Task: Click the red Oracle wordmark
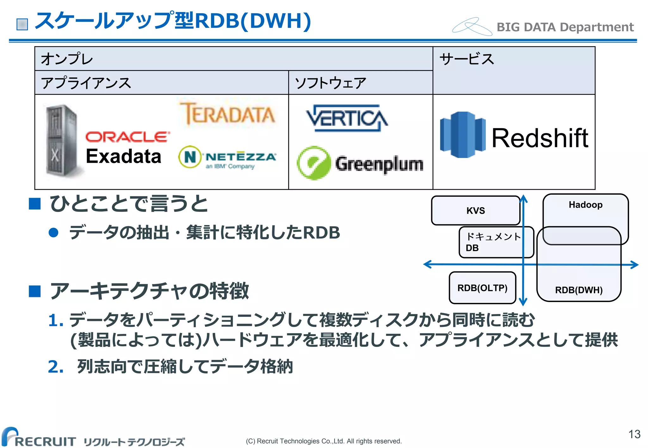point(127,137)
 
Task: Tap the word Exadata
point(123,156)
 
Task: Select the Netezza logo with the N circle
point(227,157)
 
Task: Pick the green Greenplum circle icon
point(314,163)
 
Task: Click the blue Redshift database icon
point(462,135)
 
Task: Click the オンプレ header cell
point(233,59)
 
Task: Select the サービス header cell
point(513,70)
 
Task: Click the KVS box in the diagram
point(475,210)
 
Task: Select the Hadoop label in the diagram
point(585,205)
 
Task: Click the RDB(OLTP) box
point(482,288)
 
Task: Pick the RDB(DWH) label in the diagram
point(579,290)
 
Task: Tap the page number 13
point(634,434)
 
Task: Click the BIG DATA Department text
point(565,27)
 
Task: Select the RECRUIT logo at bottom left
point(40,438)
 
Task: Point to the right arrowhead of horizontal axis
point(635,265)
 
